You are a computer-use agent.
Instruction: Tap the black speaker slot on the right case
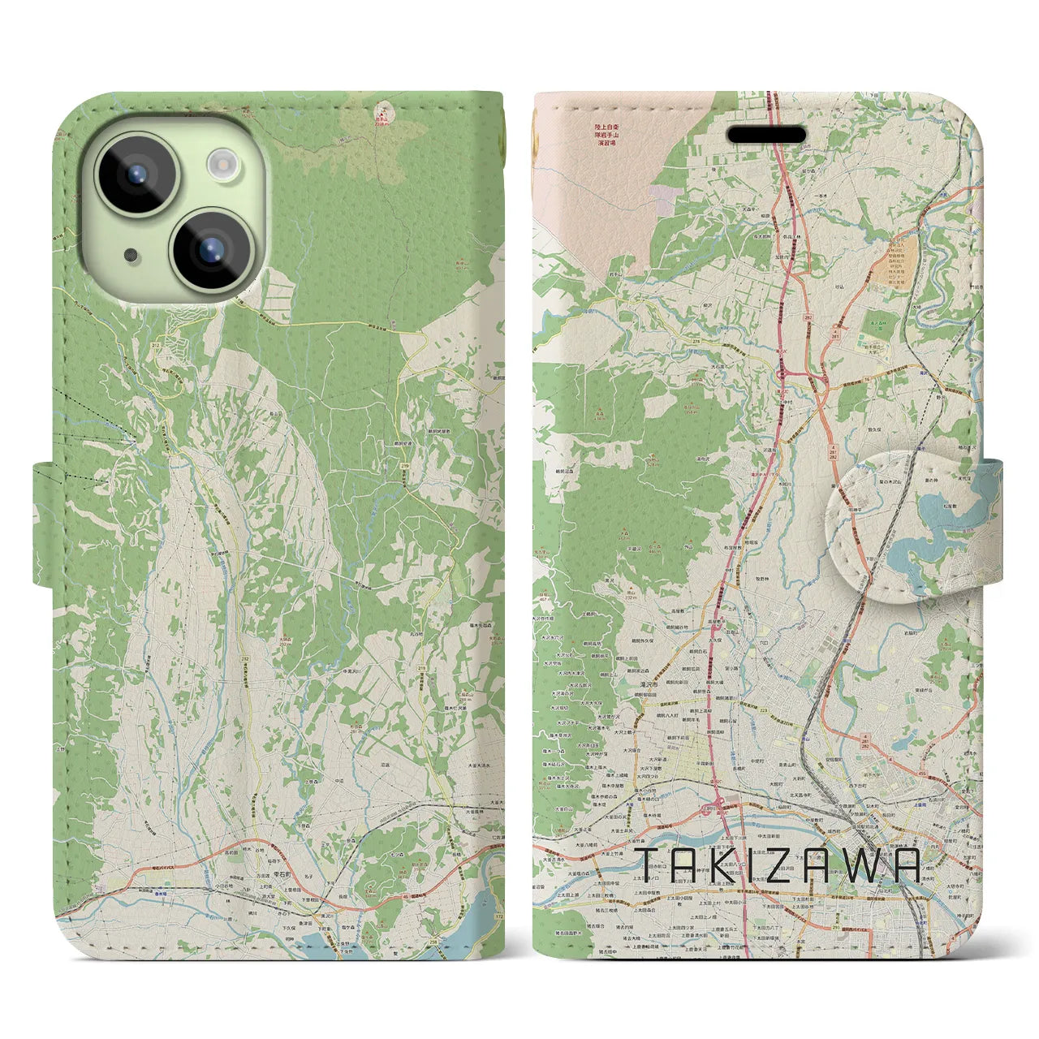pos(765,134)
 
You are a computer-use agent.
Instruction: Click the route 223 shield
pos(762,708)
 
